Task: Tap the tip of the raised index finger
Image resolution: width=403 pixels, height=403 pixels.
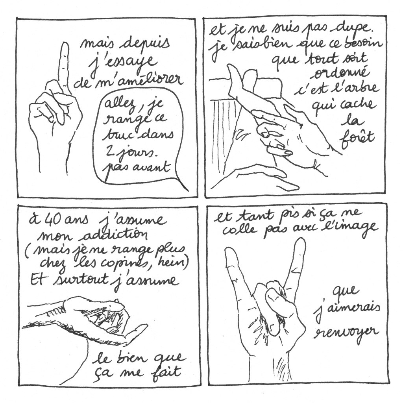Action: tap(65, 44)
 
